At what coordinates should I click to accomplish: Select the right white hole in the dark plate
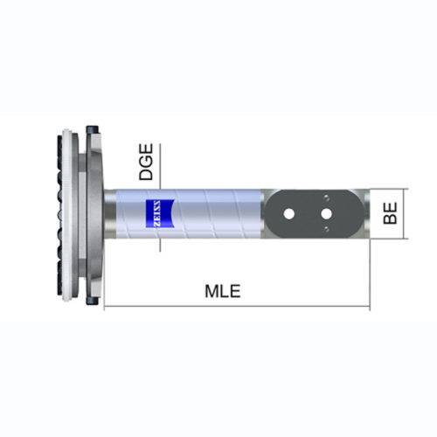326,213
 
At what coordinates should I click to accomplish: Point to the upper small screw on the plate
326,197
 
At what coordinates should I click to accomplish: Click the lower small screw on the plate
326,230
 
